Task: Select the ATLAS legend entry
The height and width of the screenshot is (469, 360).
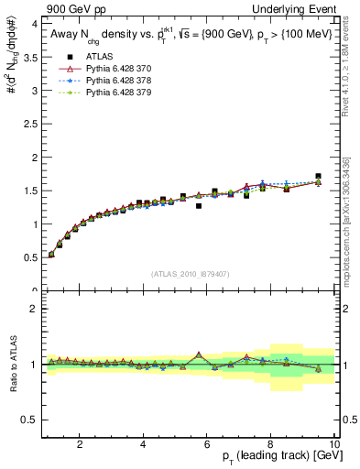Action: [x=96, y=54]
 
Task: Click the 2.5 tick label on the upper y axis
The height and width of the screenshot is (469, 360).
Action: [x=29, y=124]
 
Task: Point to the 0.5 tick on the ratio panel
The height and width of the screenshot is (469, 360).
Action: [x=29, y=420]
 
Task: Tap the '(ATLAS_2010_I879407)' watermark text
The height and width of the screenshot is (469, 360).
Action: [x=190, y=274]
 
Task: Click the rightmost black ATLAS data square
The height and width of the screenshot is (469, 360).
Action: [x=318, y=176]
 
